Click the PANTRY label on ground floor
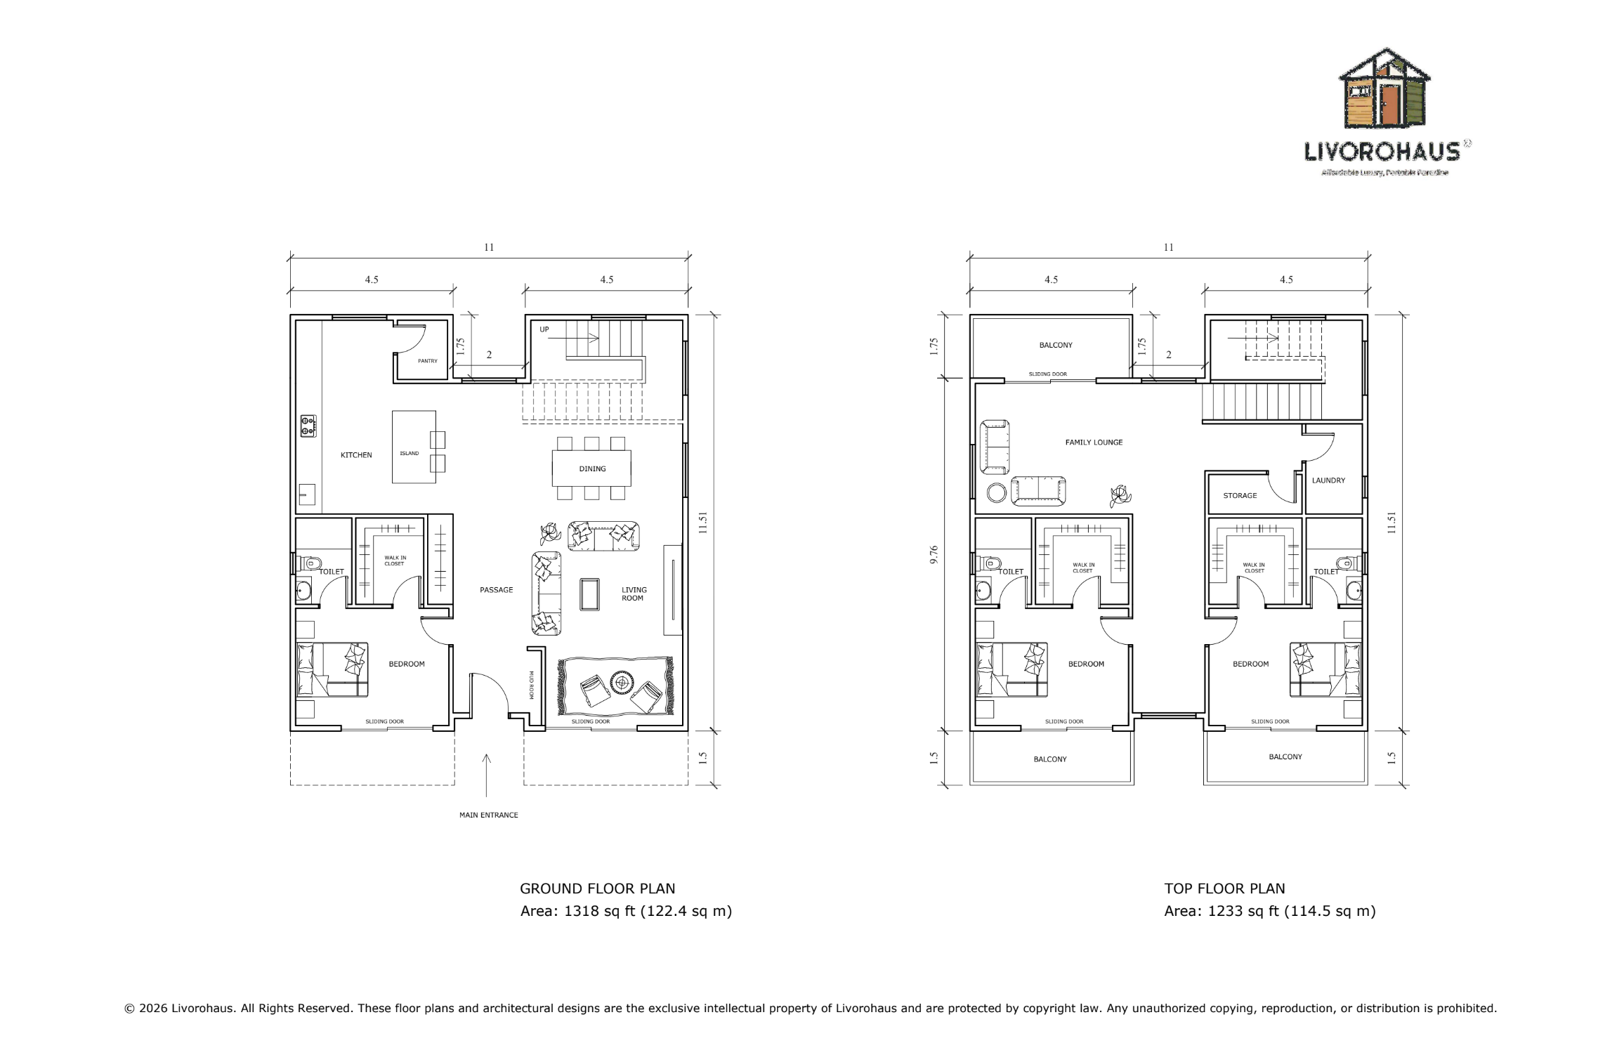point(427,361)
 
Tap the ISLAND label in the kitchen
point(409,454)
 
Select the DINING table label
point(592,469)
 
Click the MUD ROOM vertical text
point(531,685)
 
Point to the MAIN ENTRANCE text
point(488,815)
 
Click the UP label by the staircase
point(544,329)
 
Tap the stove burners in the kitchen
point(308,426)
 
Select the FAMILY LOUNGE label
point(1094,442)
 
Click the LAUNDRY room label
point(1328,480)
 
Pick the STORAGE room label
point(1240,496)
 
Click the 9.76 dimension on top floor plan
point(934,555)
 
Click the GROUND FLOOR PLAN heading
point(597,889)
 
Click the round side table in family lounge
point(996,492)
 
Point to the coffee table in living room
point(589,595)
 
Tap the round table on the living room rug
point(622,682)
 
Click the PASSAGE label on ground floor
point(496,590)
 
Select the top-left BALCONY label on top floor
point(1056,346)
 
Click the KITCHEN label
point(356,455)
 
